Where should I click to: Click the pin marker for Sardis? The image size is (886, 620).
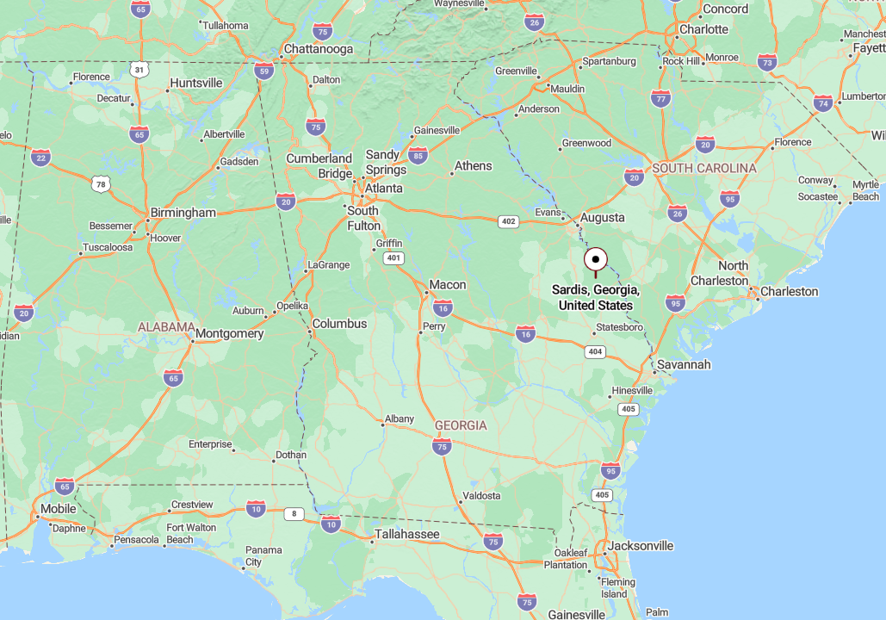tap(595, 259)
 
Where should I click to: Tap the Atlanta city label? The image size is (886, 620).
tap(383, 188)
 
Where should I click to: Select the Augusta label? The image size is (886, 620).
tap(603, 218)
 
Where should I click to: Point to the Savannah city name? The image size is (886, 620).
tap(684, 364)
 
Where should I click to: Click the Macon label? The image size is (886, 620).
tap(448, 285)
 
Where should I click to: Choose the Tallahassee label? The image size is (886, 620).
tap(406, 535)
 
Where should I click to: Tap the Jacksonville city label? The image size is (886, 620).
tap(641, 546)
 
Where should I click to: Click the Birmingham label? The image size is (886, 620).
tap(183, 213)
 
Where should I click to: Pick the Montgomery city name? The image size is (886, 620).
tap(230, 333)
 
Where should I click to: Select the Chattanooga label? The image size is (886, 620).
tap(319, 49)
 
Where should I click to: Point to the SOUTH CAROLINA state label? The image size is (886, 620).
tap(704, 168)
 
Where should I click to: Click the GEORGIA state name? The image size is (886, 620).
tap(461, 425)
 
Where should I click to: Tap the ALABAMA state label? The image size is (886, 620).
tap(166, 327)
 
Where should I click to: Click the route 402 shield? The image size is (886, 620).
tap(508, 221)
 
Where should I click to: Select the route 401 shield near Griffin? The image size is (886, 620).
tap(393, 257)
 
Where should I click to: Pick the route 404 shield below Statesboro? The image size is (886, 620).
tap(595, 351)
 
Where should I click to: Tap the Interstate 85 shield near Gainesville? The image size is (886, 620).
tap(418, 155)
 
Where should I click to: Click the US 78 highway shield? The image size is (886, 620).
tap(102, 184)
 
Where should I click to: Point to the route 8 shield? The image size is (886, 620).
tap(294, 514)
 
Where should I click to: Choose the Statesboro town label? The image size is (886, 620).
tap(620, 327)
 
